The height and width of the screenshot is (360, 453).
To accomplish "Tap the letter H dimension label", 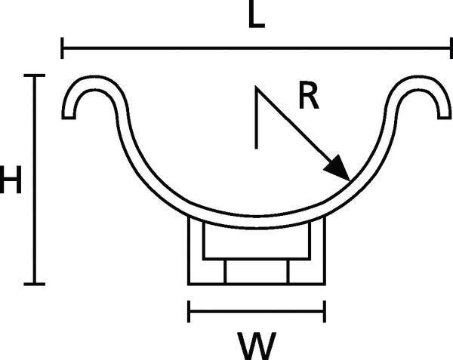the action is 11,180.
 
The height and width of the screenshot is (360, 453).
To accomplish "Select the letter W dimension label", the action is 257,346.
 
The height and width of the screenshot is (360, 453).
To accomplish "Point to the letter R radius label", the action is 309,95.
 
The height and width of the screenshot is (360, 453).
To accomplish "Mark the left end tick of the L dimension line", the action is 62,48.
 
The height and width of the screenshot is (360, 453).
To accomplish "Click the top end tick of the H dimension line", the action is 35,75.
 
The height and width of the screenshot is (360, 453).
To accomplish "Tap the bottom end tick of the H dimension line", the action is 35,284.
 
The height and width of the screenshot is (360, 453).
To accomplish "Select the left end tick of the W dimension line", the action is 189,312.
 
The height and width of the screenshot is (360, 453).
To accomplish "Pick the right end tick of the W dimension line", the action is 325,312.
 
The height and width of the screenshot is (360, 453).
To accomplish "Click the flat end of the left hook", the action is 69,118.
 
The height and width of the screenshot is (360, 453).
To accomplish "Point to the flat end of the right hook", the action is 445,118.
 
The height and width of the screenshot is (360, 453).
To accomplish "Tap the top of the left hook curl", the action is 93,83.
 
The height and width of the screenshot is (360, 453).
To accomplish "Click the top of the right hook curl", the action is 420,83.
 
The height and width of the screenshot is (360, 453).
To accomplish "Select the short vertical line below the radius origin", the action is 256,118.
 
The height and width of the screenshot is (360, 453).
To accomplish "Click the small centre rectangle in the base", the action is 257,272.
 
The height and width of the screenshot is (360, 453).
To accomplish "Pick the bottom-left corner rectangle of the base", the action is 207,272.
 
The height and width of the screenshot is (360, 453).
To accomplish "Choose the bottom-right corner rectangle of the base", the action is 307,272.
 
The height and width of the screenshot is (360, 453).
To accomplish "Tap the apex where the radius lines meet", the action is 256,86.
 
